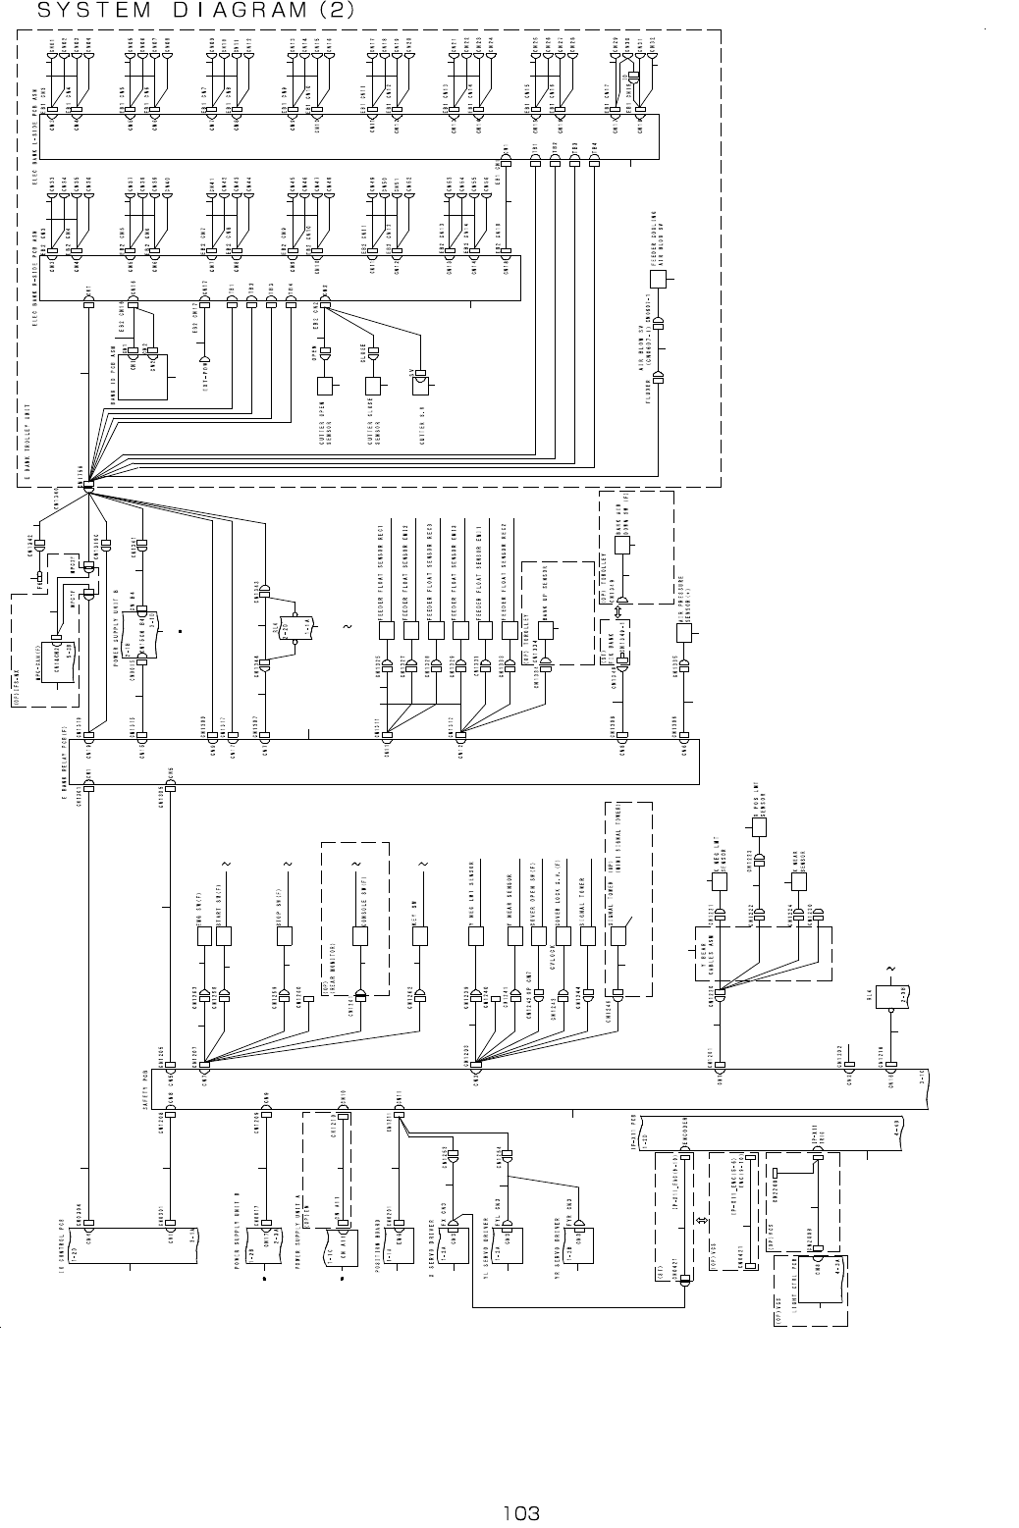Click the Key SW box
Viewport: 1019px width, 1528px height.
tap(422, 936)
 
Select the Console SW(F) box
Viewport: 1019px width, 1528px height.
tap(360, 936)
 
